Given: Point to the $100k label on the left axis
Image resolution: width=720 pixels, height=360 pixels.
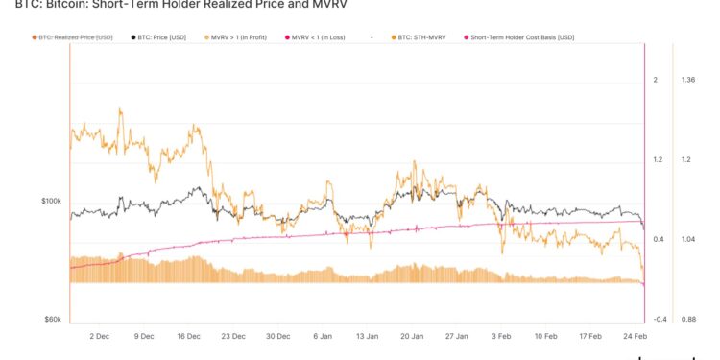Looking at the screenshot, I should pos(51,201).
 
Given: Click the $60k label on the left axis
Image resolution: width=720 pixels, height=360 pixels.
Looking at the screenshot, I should pos(53,319).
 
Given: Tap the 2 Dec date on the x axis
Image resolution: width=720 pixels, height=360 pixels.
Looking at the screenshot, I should pos(100,337).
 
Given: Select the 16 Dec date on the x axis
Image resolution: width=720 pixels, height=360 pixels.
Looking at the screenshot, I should pos(188,337).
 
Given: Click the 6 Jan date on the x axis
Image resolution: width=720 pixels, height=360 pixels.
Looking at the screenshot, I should pos(322,337).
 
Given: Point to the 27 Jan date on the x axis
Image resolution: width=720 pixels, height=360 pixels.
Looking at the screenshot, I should pos(456,337).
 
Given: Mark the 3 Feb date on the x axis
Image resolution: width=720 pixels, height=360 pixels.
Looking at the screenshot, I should pos(501,337).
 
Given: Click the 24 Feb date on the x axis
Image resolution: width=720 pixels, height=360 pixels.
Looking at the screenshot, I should pos(636,337).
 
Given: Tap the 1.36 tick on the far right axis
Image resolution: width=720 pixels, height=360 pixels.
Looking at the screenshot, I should pos(687,80).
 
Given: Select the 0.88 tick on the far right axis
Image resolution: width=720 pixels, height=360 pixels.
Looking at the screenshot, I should pos(687,319).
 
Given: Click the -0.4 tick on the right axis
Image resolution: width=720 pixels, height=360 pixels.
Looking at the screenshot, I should pos(660,319).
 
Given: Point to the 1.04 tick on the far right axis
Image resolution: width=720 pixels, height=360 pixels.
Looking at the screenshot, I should pos(687,239).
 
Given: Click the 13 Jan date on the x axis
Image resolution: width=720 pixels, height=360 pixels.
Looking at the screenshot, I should pos(367,337).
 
